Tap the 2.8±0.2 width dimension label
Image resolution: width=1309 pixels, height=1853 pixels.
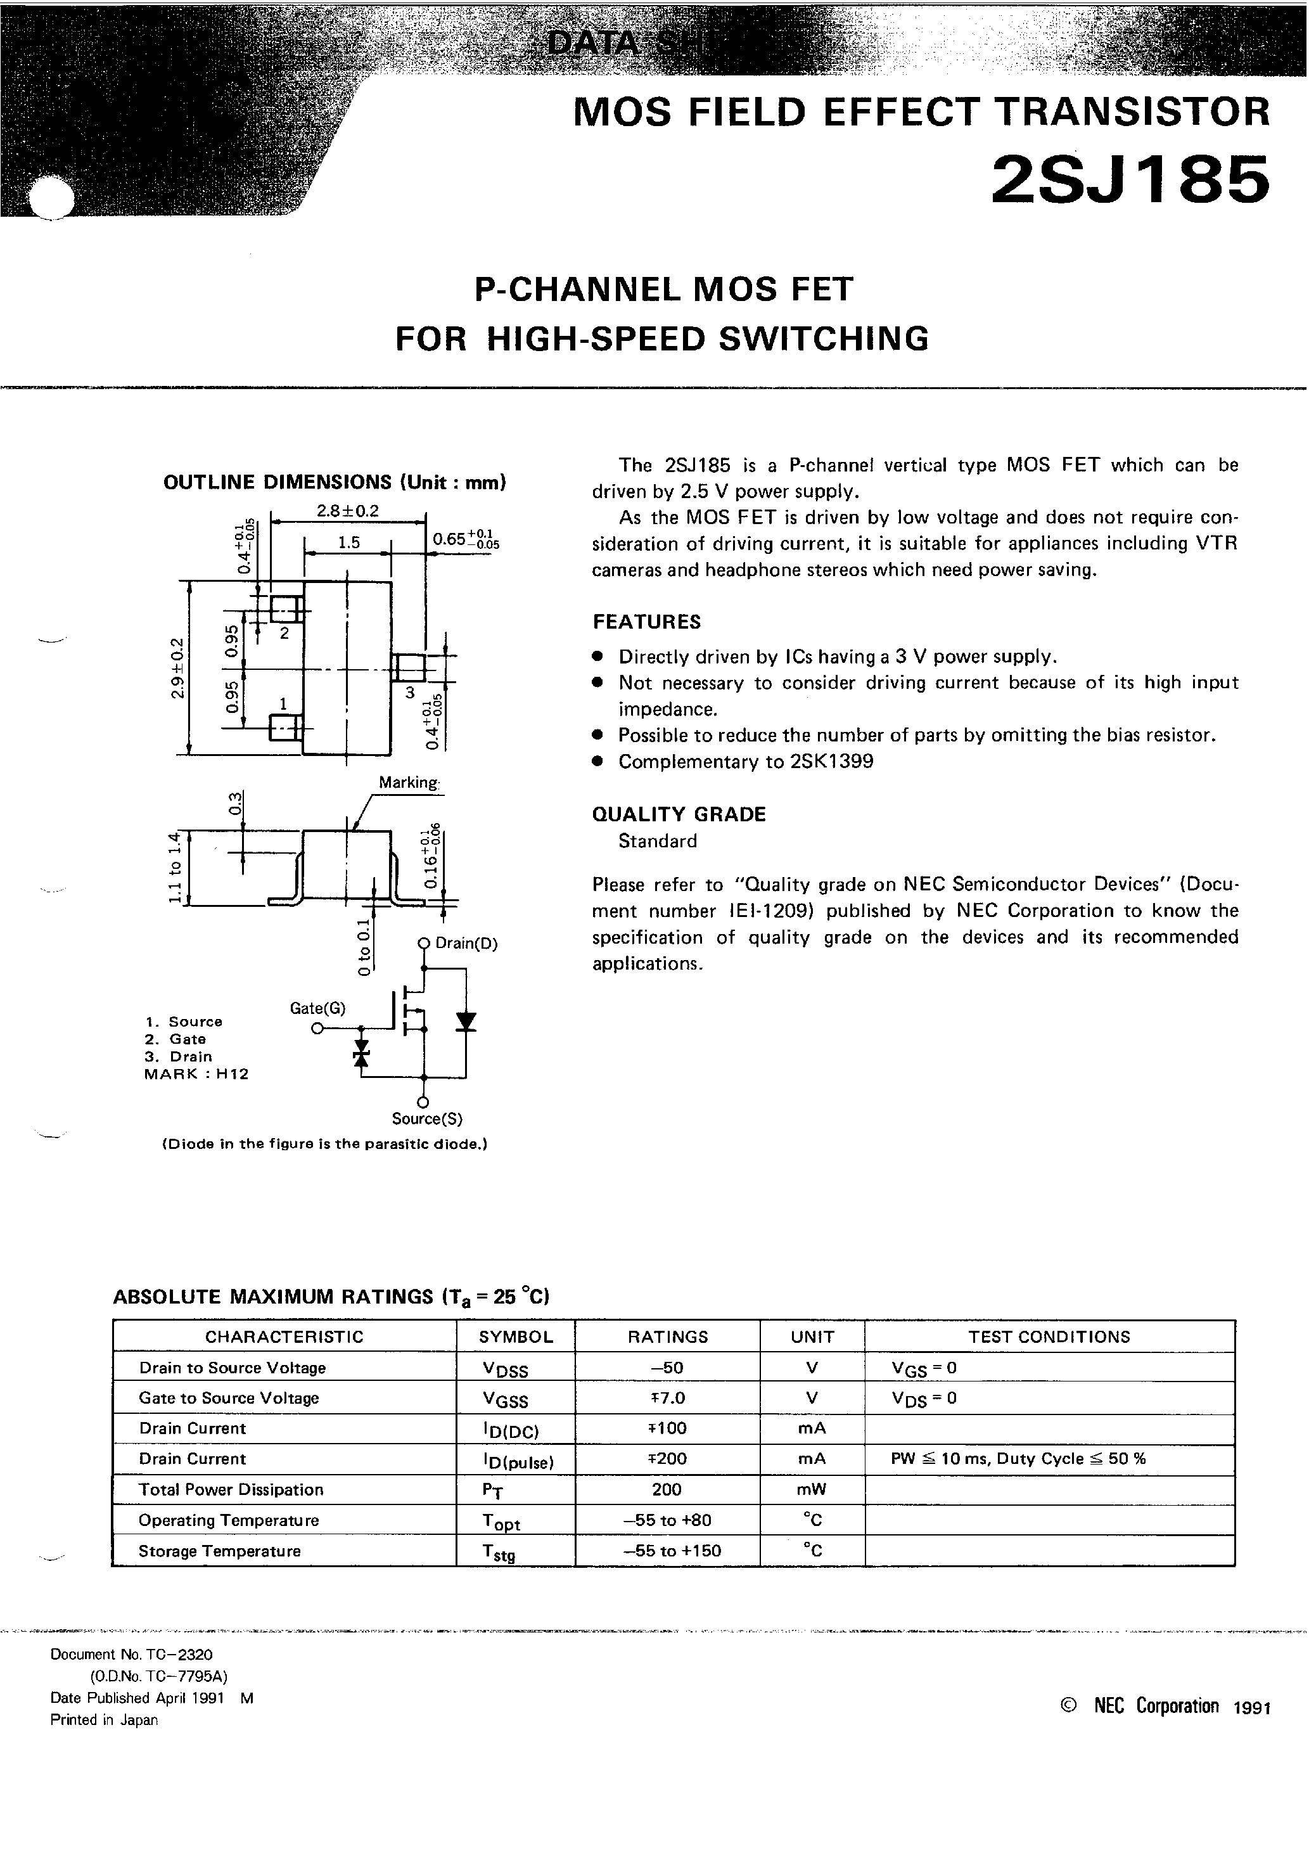pos(348,511)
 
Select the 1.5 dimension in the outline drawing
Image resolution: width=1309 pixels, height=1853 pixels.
pos(348,543)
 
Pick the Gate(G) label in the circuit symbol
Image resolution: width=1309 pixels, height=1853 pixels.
pos(317,1008)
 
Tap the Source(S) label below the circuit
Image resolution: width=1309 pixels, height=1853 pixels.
pos(427,1119)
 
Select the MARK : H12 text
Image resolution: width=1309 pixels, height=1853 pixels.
pos(196,1074)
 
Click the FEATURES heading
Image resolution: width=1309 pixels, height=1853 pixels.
pos(646,622)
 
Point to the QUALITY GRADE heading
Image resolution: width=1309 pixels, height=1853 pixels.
pos(679,814)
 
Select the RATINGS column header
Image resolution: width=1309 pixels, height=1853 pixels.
pos(667,1337)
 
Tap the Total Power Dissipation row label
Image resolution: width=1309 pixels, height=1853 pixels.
pos(231,1489)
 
